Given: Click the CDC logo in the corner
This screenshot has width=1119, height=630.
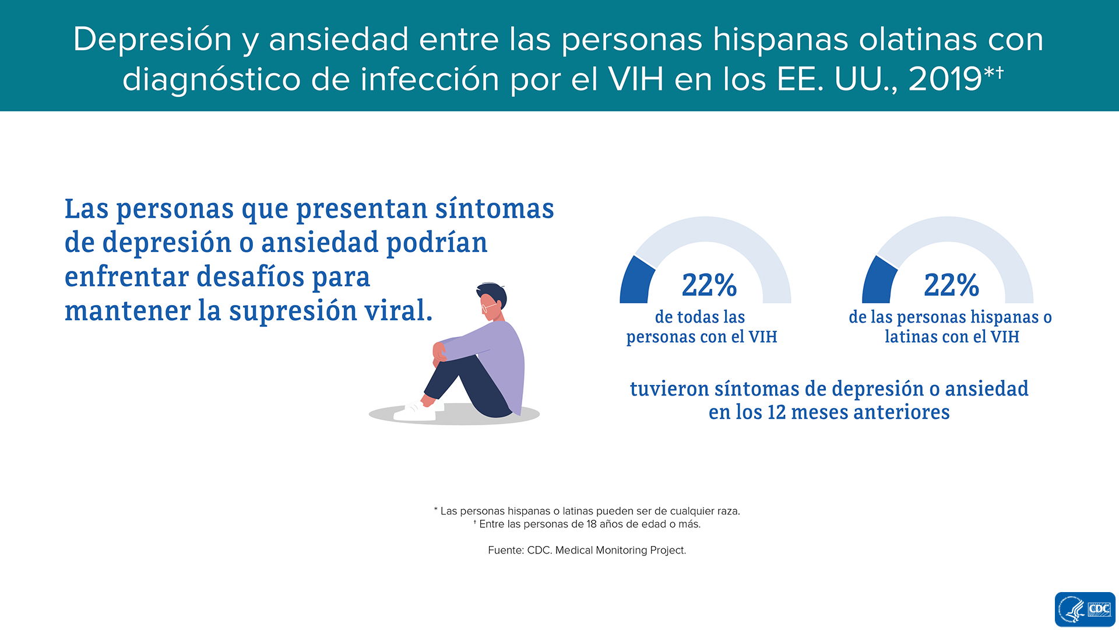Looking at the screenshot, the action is point(1085,610).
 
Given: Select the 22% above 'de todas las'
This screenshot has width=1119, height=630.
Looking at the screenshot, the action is point(709,285).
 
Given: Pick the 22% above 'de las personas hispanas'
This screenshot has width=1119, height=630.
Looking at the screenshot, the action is point(951,285).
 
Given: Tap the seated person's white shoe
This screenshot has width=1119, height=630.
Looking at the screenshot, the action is point(415,412).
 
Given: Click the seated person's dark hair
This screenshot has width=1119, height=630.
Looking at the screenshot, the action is point(493,293).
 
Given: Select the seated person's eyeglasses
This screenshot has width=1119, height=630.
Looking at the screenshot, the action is point(488,307).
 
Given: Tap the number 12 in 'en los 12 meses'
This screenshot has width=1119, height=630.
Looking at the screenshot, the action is point(776,412).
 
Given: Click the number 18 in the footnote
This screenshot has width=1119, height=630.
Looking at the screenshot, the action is point(592,524).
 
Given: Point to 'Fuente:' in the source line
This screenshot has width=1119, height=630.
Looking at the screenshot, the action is point(506,550).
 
